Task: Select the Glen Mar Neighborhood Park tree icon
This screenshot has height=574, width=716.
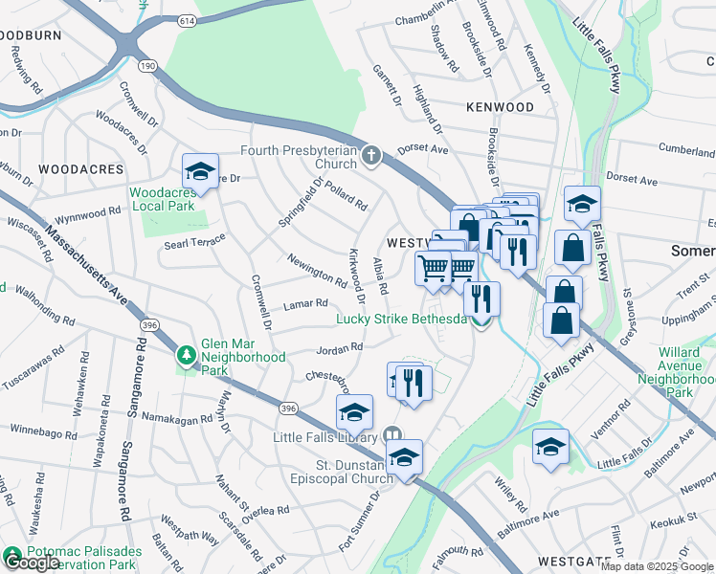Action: pos(186,357)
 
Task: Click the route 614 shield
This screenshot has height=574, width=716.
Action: pos(187,19)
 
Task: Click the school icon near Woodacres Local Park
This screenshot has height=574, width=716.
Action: pos(201,172)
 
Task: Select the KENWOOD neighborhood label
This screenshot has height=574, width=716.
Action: pos(500,108)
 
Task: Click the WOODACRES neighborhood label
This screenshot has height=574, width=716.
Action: pos(81,169)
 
